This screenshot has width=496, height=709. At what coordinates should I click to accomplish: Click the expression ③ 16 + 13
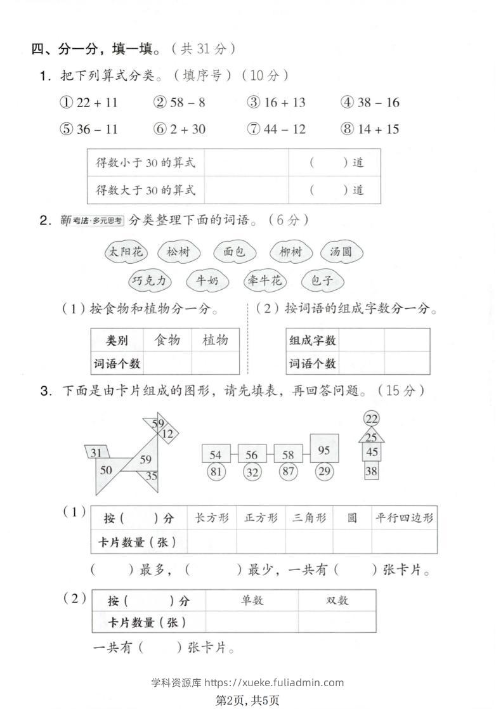click(276, 103)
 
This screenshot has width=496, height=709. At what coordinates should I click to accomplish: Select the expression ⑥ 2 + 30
click(179, 129)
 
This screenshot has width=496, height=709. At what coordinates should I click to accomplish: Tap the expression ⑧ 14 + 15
click(369, 129)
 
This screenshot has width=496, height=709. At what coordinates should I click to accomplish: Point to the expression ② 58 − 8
click(179, 103)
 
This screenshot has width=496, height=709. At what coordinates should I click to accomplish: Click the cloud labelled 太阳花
click(125, 252)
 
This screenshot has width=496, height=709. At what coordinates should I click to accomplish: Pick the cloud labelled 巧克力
click(150, 280)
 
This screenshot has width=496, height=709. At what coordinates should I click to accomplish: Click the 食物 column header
click(167, 340)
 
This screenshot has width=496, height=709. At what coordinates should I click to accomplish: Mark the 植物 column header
click(215, 340)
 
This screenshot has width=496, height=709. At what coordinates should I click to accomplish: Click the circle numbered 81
click(216, 471)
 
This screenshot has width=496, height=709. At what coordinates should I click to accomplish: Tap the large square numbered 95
click(324, 450)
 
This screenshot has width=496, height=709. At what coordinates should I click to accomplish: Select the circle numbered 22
click(372, 419)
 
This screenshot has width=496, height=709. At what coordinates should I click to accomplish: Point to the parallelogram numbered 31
click(97, 452)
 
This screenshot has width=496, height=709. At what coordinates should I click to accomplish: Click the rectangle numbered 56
click(252, 455)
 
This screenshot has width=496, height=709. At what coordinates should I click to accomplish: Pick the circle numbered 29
click(324, 471)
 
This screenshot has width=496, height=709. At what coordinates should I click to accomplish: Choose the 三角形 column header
click(309, 518)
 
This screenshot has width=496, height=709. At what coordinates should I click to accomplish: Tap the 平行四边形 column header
click(405, 518)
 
